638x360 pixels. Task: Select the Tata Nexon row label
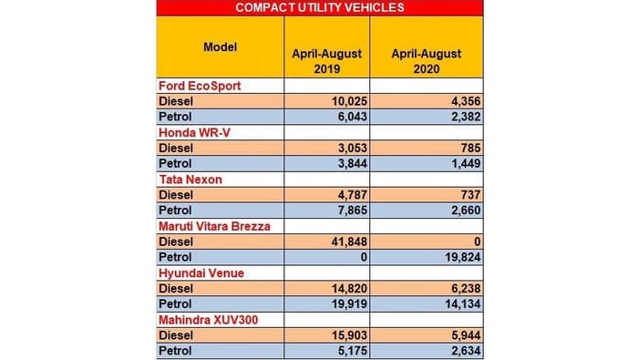coord(191,180)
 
